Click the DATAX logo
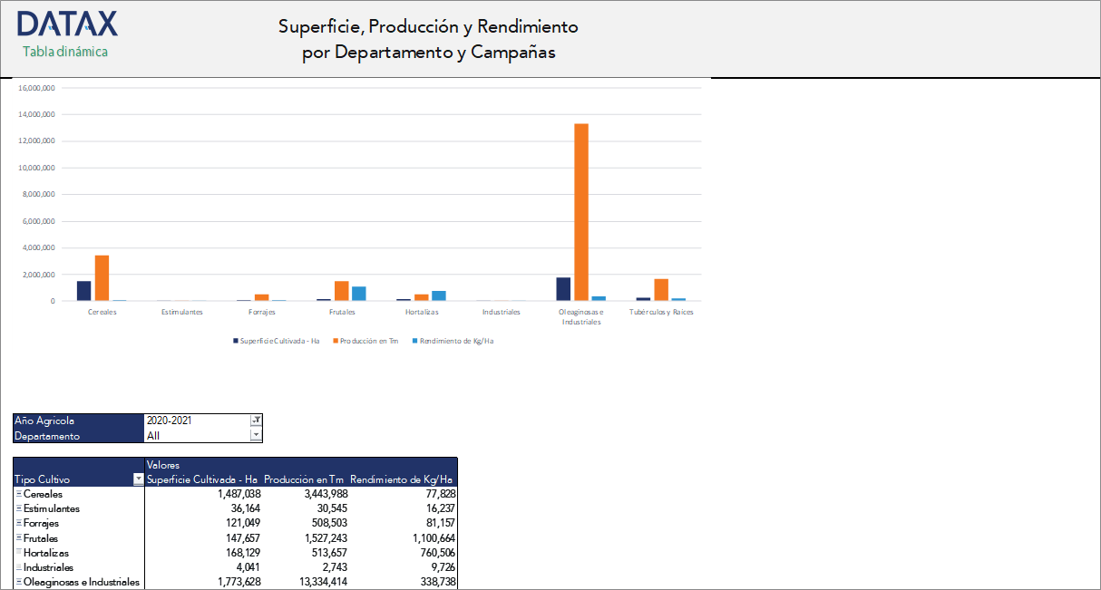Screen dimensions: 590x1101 tap(66, 24)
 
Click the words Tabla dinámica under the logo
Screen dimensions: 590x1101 tap(65, 52)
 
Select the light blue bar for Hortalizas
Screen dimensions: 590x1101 tap(439, 295)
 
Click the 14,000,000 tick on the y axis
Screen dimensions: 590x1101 tap(37, 115)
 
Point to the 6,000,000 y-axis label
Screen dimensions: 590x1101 tap(37, 221)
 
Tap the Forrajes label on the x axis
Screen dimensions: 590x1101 tap(261, 312)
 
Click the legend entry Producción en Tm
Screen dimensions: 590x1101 tap(367, 341)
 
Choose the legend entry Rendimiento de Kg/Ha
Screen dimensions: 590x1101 tap(456, 341)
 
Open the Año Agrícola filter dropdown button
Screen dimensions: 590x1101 tap(256, 421)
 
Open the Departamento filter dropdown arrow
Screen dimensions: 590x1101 tap(256, 436)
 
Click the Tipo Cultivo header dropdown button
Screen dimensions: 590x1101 tap(138, 479)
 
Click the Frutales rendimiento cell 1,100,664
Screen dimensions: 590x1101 tap(427, 538)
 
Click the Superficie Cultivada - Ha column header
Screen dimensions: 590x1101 tap(201, 479)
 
